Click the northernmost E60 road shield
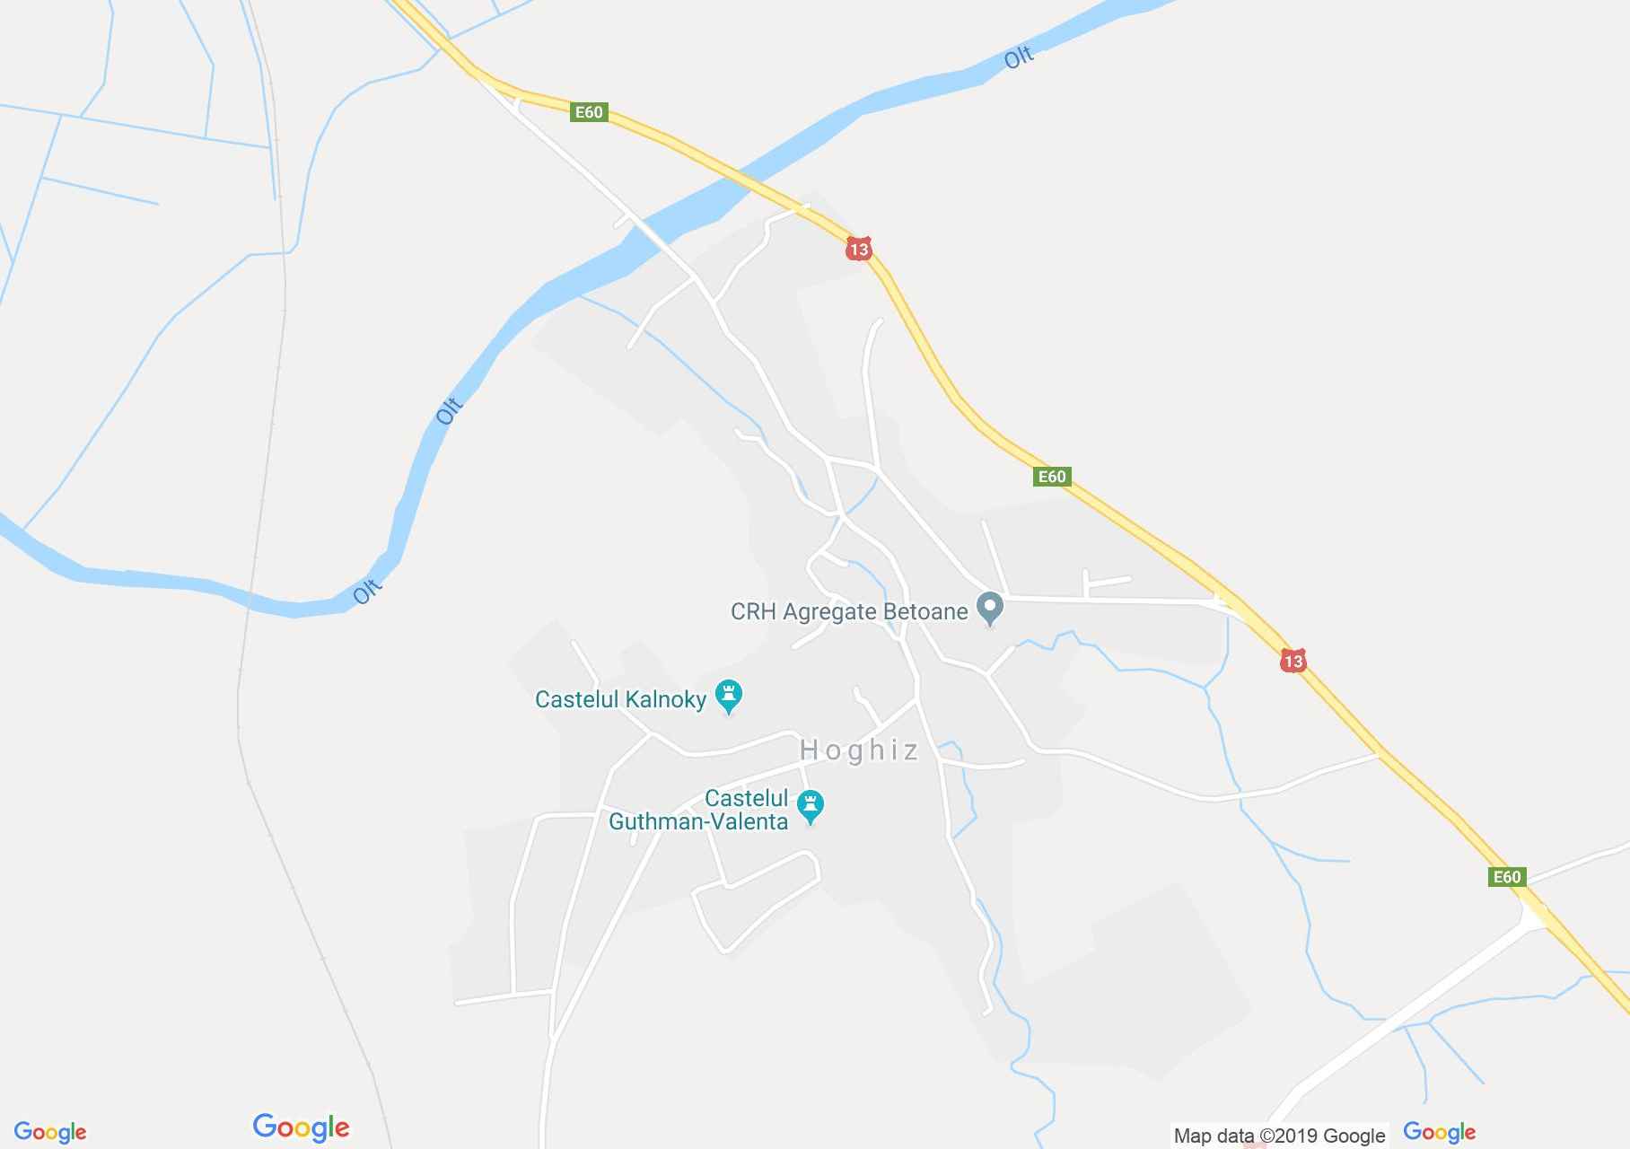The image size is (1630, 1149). [x=589, y=112]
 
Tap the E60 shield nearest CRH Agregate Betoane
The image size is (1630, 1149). [x=1052, y=477]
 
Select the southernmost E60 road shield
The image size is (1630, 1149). [x=1507, y=877]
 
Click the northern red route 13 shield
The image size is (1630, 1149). [x=859, y=249]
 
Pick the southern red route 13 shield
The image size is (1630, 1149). [x=1293, y=662]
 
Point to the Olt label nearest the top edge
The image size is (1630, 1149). [x=1019, y=58]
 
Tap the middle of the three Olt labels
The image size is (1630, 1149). [x=449, y=410]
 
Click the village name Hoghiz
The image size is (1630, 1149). [x=859, y=750]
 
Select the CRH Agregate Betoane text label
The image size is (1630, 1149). [x=849, y=612]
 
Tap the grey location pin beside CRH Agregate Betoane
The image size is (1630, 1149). [x=990, y=608]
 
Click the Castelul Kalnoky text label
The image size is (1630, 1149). [x=620, y=699]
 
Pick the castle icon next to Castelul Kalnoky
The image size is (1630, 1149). [x=728, y=695]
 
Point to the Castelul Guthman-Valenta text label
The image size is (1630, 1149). [x=698, y=810]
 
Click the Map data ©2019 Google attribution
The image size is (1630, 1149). [x=1279, y=1136]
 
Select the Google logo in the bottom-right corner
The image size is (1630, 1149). [x=1439, y=1132]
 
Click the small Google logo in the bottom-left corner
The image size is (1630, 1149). [x=50, y=1132]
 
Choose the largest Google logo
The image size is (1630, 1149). [x=301, y=1127]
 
